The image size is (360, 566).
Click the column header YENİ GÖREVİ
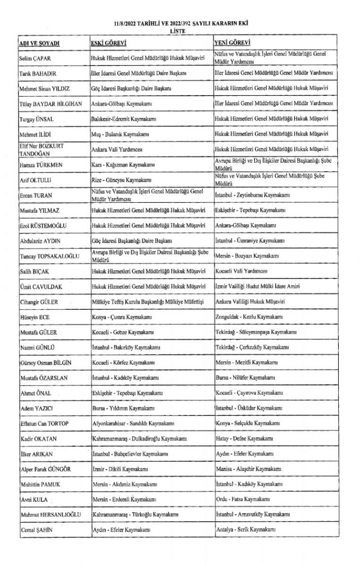pyautogui.click(x=232, y=43)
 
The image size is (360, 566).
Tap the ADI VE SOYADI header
pyautogui.click(x=39, y=43)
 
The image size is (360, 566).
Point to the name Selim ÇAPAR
pyautogui.click(x=36, y=58)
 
